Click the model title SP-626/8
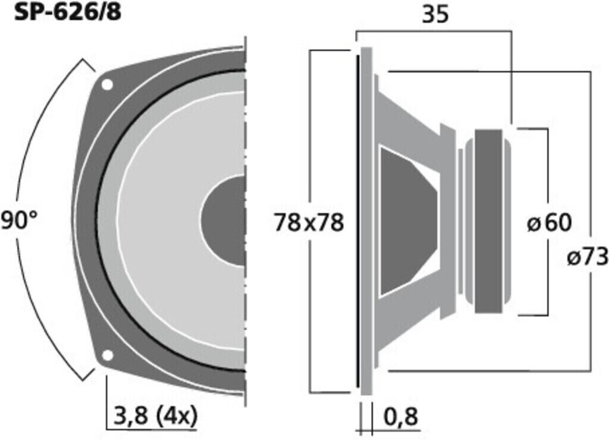68,12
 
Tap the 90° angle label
19,221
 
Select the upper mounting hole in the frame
107,84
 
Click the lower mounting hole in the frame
107,355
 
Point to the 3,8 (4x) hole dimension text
155,416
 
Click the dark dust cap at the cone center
223,221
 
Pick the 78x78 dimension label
309,223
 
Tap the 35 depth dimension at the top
435,14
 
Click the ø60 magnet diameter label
549,223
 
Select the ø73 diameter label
587,257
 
